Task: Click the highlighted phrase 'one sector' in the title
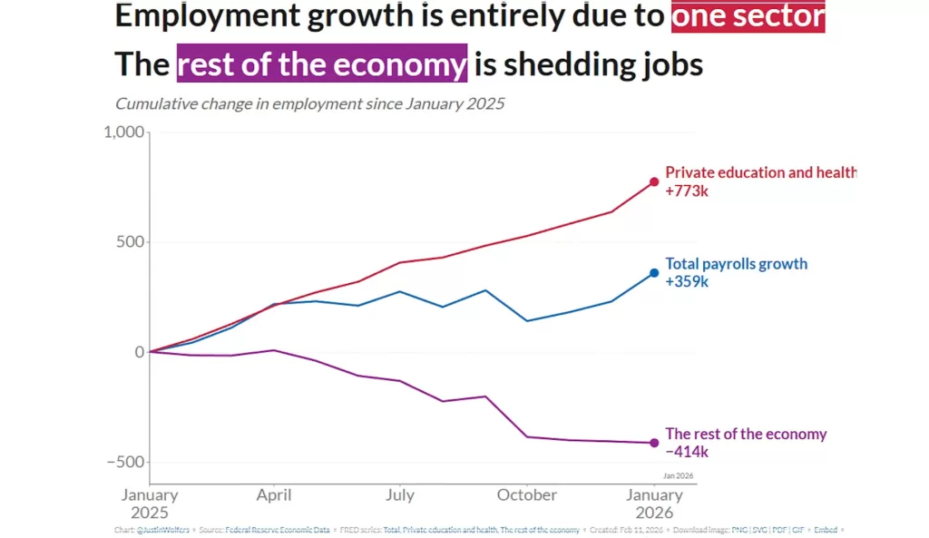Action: pos(748,17)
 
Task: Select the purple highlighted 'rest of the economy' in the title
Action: pos(322,64)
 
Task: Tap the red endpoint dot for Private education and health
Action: pos(654,182)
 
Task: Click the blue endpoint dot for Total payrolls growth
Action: pos(654,273)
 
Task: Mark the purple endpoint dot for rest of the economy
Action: pos(654,443)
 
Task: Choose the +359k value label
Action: pos(687,281)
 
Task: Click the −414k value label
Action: pos(687,451)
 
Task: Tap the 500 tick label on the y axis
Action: pos(131,242)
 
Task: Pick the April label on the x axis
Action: pos(274,495)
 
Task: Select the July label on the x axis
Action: pos(400,495)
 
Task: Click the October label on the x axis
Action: pos(527,495)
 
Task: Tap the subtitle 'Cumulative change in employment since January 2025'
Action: pos(309,103)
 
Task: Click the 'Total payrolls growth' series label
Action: pos(736,264)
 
